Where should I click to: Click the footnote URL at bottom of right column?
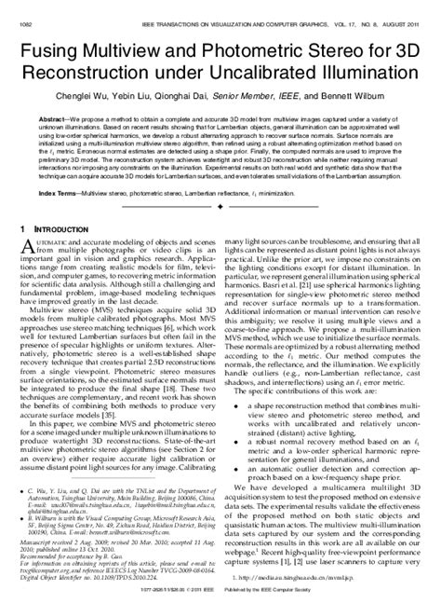[298, 577]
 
